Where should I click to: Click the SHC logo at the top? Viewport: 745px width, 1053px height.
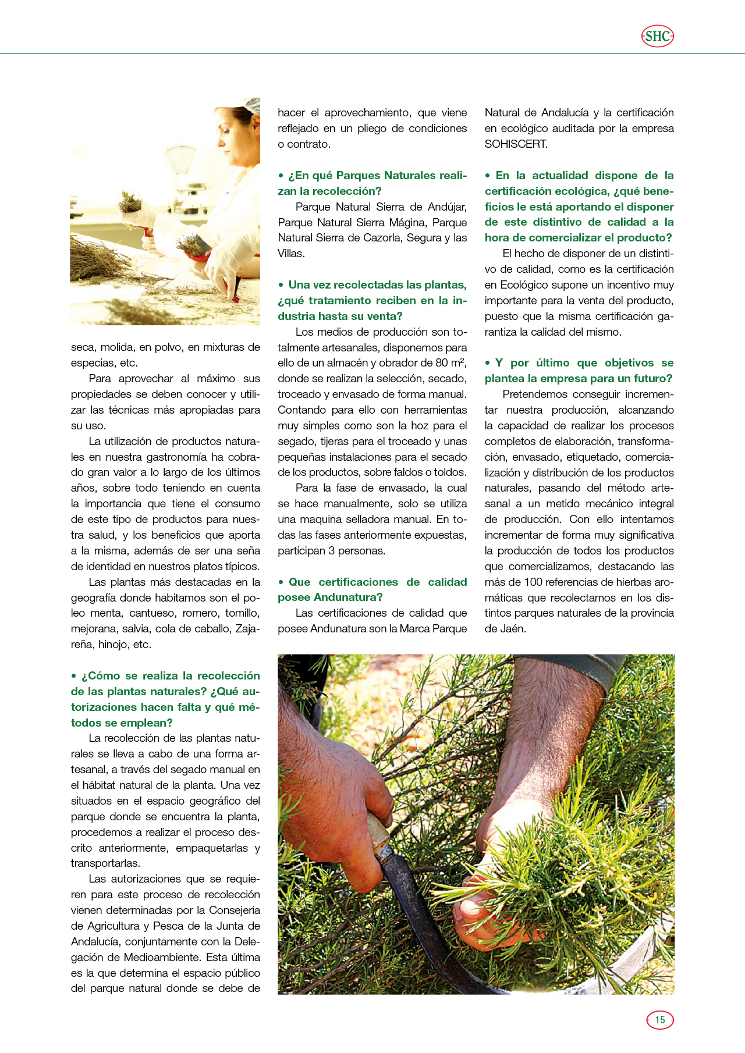658,36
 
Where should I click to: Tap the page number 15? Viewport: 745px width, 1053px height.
659,1019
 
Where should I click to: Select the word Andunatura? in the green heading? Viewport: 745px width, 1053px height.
348,597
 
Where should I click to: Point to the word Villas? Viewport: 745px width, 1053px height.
290,253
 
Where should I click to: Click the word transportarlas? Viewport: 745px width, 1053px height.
105,863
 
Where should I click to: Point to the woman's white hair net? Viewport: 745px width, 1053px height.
253,106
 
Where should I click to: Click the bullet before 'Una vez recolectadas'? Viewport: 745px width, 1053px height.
281,285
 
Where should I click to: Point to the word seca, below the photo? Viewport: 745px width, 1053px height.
83,347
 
